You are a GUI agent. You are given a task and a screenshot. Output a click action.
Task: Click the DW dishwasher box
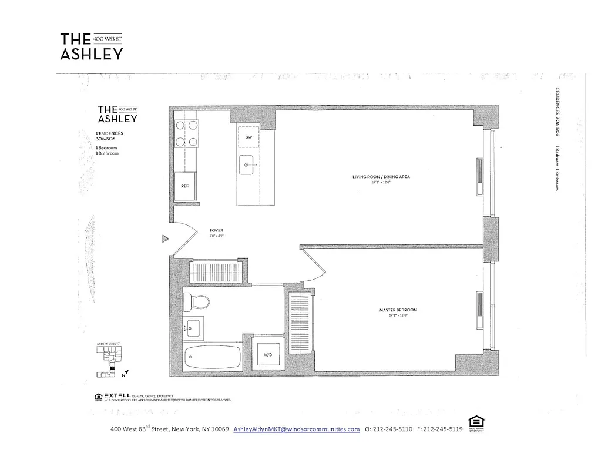248,138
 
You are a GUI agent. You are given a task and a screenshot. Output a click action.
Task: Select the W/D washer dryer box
267,354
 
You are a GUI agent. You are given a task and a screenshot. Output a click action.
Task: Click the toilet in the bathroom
196,303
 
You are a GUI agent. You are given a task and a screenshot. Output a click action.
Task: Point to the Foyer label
216,231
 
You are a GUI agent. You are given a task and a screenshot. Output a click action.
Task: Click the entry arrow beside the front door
166,239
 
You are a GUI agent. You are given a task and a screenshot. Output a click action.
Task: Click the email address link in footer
296,429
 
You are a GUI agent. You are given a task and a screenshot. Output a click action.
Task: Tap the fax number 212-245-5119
439,429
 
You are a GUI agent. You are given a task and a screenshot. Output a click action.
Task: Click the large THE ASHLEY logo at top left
91,46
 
